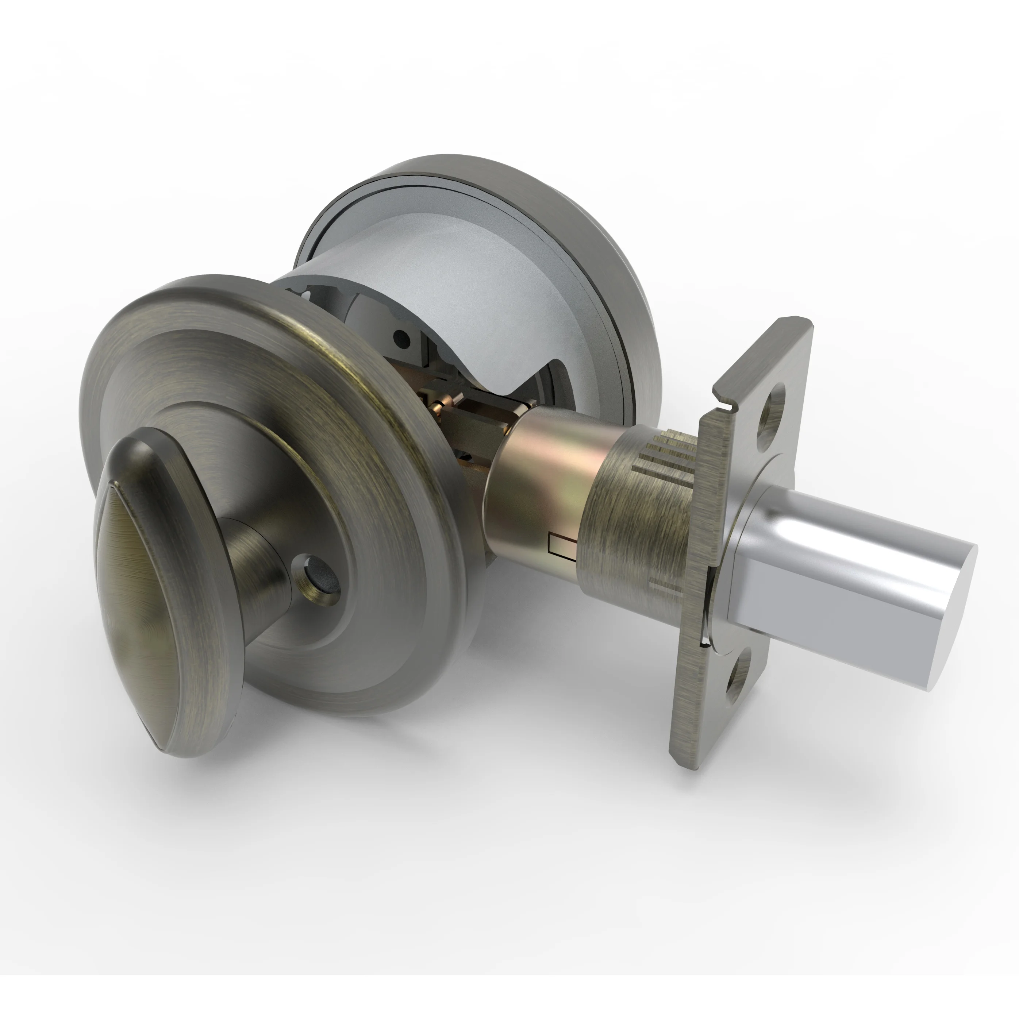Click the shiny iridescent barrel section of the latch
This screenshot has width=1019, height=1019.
pyautogui.click(x=543, y=475)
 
